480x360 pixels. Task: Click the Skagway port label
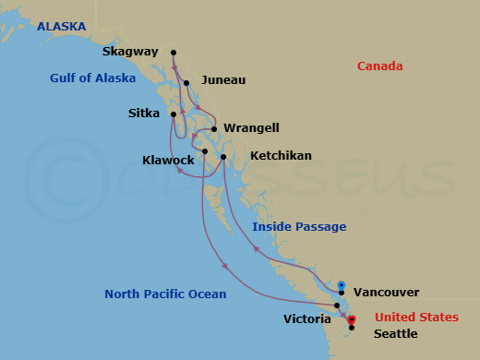[131, 52]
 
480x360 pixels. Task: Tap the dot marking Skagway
[174, 52]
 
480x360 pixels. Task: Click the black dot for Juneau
[186, 83]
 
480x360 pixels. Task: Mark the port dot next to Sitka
[174, 114]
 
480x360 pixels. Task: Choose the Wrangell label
[251, 128]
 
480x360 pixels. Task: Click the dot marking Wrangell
[214, 130]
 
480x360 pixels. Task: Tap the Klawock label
[168, 160]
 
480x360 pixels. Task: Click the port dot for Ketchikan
[224, 157]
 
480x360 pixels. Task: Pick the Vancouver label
[387, 292]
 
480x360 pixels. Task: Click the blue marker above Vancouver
[342, 284]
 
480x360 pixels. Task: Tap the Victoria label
[307, 318]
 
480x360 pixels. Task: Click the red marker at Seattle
[352, 320]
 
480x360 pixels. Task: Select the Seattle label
[395, 334]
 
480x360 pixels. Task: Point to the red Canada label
[380, 66]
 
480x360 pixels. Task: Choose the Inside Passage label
[300, 226]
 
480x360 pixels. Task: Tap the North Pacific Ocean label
[165, 294]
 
